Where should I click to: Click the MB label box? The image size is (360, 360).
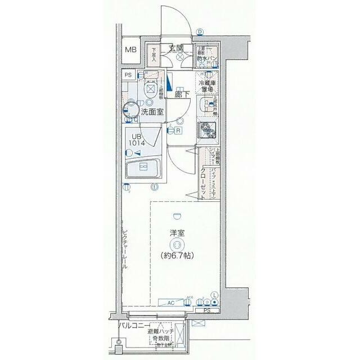(130, 51)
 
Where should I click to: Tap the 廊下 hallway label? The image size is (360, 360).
(181, 95)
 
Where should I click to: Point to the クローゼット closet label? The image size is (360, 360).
(203, 184)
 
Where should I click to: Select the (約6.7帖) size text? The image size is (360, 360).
(178, 255)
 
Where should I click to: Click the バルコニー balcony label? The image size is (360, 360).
(134, 326)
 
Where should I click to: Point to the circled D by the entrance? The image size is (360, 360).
(200, 31)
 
